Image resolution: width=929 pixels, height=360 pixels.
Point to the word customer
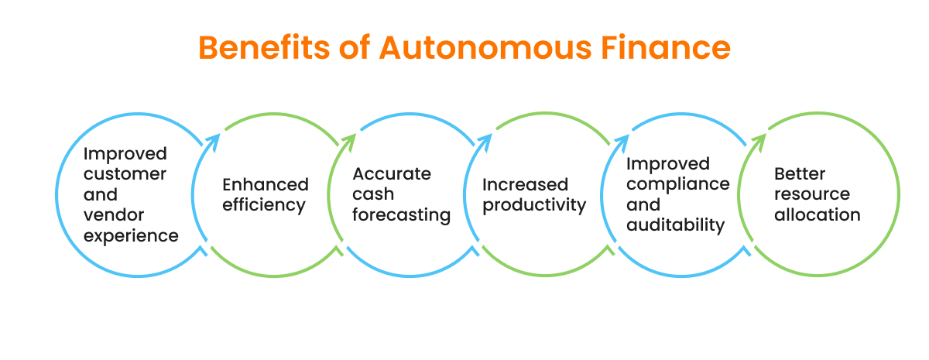coord(125,174)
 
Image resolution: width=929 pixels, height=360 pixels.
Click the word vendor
coord(114,214)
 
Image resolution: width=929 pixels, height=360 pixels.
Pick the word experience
coord(131,235)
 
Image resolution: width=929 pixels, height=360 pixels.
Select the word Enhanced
coord(266,185)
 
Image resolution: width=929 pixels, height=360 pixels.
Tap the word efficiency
coord(264,206)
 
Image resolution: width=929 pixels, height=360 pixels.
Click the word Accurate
coord(392,174)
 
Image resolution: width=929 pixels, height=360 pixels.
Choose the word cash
coord(372,194)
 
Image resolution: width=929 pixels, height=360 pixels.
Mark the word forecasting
coord(402,215)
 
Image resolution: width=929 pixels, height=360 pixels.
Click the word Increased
coord(526,185)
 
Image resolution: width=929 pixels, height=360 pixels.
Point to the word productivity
coord(534,206)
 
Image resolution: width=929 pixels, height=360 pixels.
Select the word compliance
coord(678,184)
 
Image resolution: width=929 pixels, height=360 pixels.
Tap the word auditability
coord(676,225)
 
